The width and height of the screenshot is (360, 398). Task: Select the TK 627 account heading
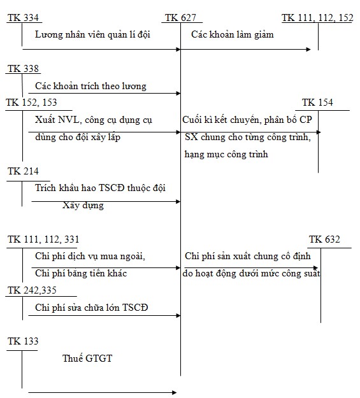pyautogui.click(x=180, y=17)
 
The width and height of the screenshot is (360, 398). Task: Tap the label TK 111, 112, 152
pyautogui.click(x=317, y=17)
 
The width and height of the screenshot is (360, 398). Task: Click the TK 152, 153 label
pyautogui.click(x=31, y=103)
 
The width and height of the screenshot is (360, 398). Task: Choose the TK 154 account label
pyautogui.click(x=317, y=103)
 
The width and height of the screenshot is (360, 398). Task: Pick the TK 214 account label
pyautogui.click(x=22, y=171)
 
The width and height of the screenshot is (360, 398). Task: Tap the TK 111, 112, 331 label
pyautogui.click(x=43, y=239)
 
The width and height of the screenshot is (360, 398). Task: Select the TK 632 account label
pyautogui.click(x=324, y=239)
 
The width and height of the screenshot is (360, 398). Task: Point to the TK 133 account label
pyautogui.click(x=22, y=342)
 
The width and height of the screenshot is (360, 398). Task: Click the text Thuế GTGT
pyautogui.click(x=87, y=359)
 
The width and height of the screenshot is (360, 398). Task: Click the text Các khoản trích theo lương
pyautogui.click(x=90, y=85)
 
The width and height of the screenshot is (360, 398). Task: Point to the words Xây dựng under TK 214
pyautogui.click(x=83, y=205)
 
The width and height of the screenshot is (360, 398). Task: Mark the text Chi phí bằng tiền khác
pyautogui.click(x=81, y=273)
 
